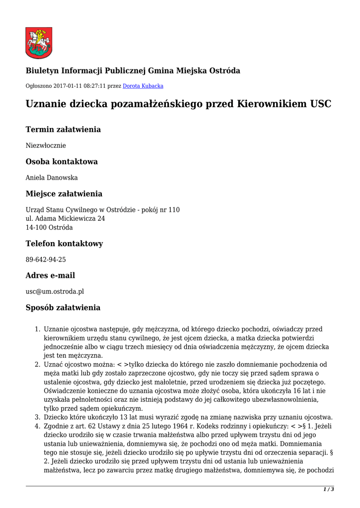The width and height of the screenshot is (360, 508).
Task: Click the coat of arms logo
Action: coord(39,43)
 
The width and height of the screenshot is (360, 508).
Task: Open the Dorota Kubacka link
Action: coord(143,86)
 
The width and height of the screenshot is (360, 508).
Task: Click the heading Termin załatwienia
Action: coord(63,129)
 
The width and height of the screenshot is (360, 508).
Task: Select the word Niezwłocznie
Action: coord(46,146)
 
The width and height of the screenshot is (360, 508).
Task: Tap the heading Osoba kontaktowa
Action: coord(62,162)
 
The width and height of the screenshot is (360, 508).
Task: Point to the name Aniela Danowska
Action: coord(52,178)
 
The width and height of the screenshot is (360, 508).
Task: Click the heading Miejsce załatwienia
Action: coord(64,193)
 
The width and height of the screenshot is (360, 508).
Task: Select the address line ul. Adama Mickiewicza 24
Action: coord(66,218)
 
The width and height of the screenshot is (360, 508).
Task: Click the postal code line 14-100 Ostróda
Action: coord(49,227)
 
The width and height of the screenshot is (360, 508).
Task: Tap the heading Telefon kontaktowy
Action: coord(65,244)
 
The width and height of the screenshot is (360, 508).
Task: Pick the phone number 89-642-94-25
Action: coord(46,259)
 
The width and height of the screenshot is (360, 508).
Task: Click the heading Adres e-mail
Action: coord(50,275)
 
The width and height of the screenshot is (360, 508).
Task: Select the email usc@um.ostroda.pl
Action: coord(55,291)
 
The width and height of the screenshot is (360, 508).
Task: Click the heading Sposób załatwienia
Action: coord(63,308)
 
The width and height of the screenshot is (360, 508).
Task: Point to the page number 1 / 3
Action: coord(329,489)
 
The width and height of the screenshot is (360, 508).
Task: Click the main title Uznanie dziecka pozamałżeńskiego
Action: coord(178,104)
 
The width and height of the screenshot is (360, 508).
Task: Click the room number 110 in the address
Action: coord(174,210)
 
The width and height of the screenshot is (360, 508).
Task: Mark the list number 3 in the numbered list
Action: coord(38,417)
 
